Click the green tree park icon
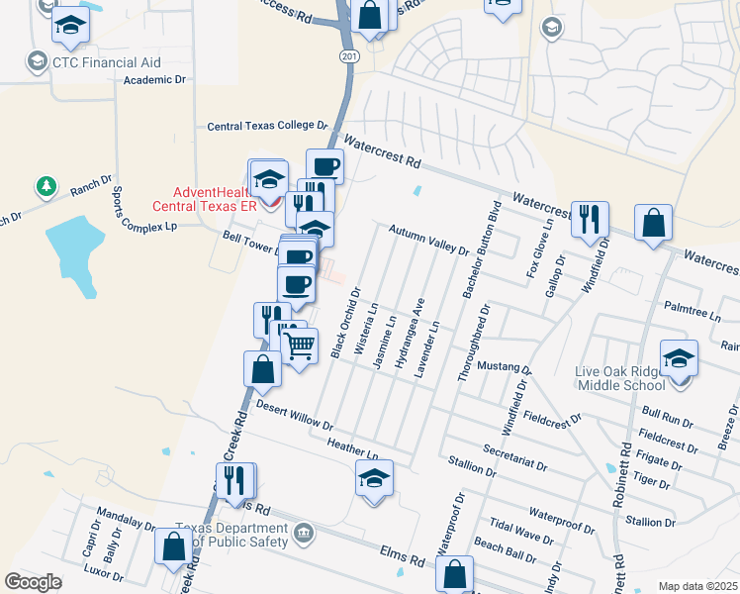pos(46,186)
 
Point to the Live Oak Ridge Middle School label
pos(633,378)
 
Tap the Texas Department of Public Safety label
pos(231,535)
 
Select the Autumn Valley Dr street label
pos(428,240)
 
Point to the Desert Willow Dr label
pos(294,411)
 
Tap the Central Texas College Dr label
pos(267,127)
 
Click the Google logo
pos(34,582)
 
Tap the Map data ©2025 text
pos(696,586)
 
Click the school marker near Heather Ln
pos(374,479)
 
